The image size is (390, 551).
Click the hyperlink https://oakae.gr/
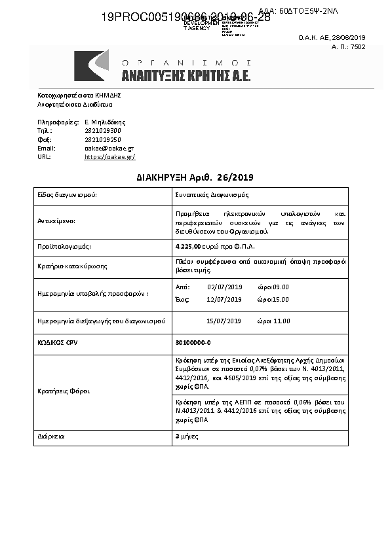pyautogui.click(x=110, y=157)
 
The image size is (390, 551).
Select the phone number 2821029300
pyautogui.click(x=103, y=131)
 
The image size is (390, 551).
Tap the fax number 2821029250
pyautogui.click(x=103, y=139)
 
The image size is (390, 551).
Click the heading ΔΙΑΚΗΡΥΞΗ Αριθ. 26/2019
pyautogui.click(x=195, y=177)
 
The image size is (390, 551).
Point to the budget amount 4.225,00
pyautogui.click(x=187, y=246)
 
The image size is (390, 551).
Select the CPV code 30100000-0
pyautogui.click(x=193, y=342)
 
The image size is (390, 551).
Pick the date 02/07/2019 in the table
pyautogui.click(x=225, y=287)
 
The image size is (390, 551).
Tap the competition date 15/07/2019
pyautogui.click(x=224, y=321)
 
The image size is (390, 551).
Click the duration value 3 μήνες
pyautogui.click(x=189, y=436)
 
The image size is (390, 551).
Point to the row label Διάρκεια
pyautogui.click(x=51, y=436)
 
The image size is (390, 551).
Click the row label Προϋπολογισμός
pyautogui.click(x=64, y=247)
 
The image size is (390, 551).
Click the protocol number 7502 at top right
pyautogui.click(x=358, y=47)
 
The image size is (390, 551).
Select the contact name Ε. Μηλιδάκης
pyautogui.click(x=105, y=122)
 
